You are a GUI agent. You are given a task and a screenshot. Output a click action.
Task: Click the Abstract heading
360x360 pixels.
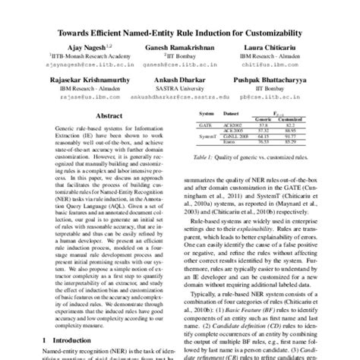tap(106, 116)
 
